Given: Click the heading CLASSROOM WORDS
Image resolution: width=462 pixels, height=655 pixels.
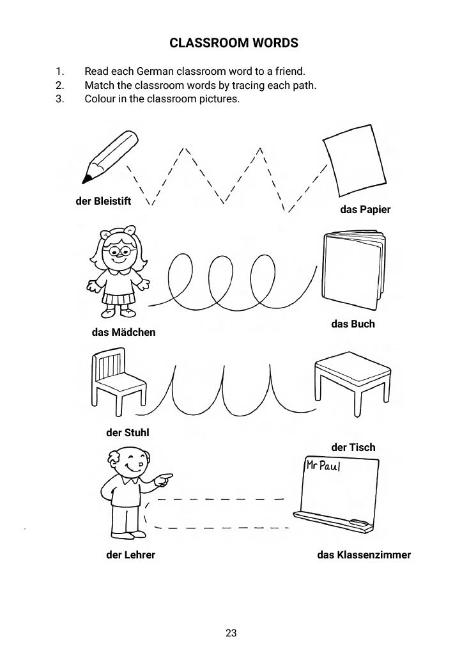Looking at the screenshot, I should [x=234, y=43].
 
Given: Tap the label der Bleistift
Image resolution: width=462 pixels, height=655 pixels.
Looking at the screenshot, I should [x=103, y=201].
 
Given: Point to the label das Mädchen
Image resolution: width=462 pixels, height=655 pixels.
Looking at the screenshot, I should [x=123, y=332].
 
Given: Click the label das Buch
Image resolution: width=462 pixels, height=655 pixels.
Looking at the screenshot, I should [x=353, y=324].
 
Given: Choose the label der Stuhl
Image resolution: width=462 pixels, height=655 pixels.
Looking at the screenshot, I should [x=127, y=432].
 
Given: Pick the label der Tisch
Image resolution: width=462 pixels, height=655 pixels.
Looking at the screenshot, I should [x=353, y=447].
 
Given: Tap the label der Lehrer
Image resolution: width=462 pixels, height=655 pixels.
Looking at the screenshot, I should [x=130, y=555].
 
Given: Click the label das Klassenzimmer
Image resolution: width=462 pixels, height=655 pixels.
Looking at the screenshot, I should [x=364, y=555].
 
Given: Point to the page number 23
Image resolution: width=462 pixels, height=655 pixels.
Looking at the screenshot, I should [x=231, y=633].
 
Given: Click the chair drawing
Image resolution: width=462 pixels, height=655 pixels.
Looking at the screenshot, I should [x=118, y=380].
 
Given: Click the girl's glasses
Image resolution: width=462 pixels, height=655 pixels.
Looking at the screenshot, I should [x=119, y=249].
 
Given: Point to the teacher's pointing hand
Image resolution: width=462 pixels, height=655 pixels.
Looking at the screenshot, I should [x=165, y=478].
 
